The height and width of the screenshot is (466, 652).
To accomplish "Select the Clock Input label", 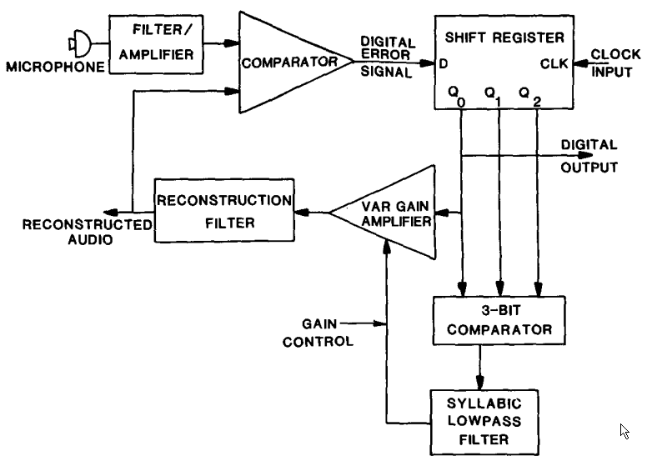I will [615, 62].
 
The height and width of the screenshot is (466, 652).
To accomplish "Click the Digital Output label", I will [589, 155].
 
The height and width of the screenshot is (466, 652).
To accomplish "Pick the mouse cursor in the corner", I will [625, 431].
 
